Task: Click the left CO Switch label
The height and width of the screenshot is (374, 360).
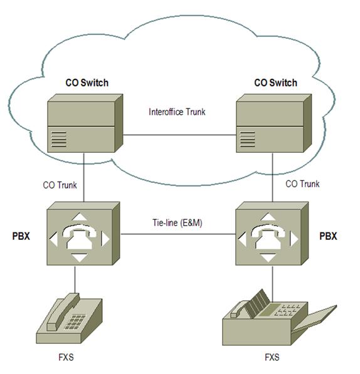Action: [87, 83]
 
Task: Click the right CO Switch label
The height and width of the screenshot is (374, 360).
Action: [275, 83]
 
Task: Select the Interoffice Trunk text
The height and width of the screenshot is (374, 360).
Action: [177, 113]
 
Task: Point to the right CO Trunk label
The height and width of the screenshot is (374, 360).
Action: [302, 184]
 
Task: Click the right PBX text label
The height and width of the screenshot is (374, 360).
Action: [329, 237]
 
